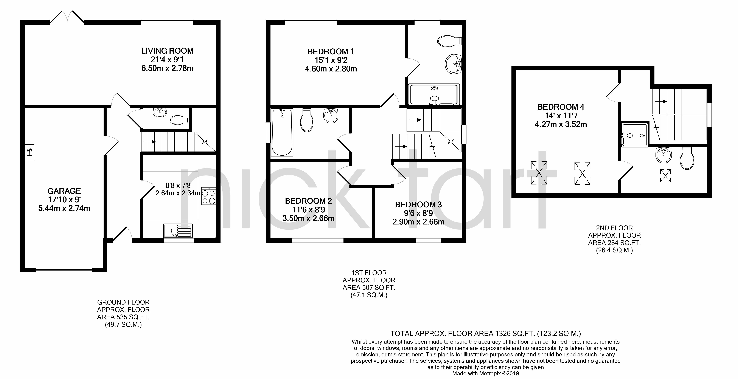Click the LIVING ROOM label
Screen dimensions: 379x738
pyautogui.click(x=167, y=51)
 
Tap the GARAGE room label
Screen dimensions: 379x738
pyautogui.click(x=64, y=191)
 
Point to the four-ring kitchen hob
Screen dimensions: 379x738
pyautogui.click(x=209, y=196)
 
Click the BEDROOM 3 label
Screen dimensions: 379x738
pyautogui.click(x=418, y=205)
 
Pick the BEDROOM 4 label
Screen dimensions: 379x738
pyautogui.click(x=561, y=107)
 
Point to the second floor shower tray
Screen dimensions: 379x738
pyautogui.click(x=634, y=135)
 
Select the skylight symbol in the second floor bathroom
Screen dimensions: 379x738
pyautogui.click(x=665, y=176)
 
